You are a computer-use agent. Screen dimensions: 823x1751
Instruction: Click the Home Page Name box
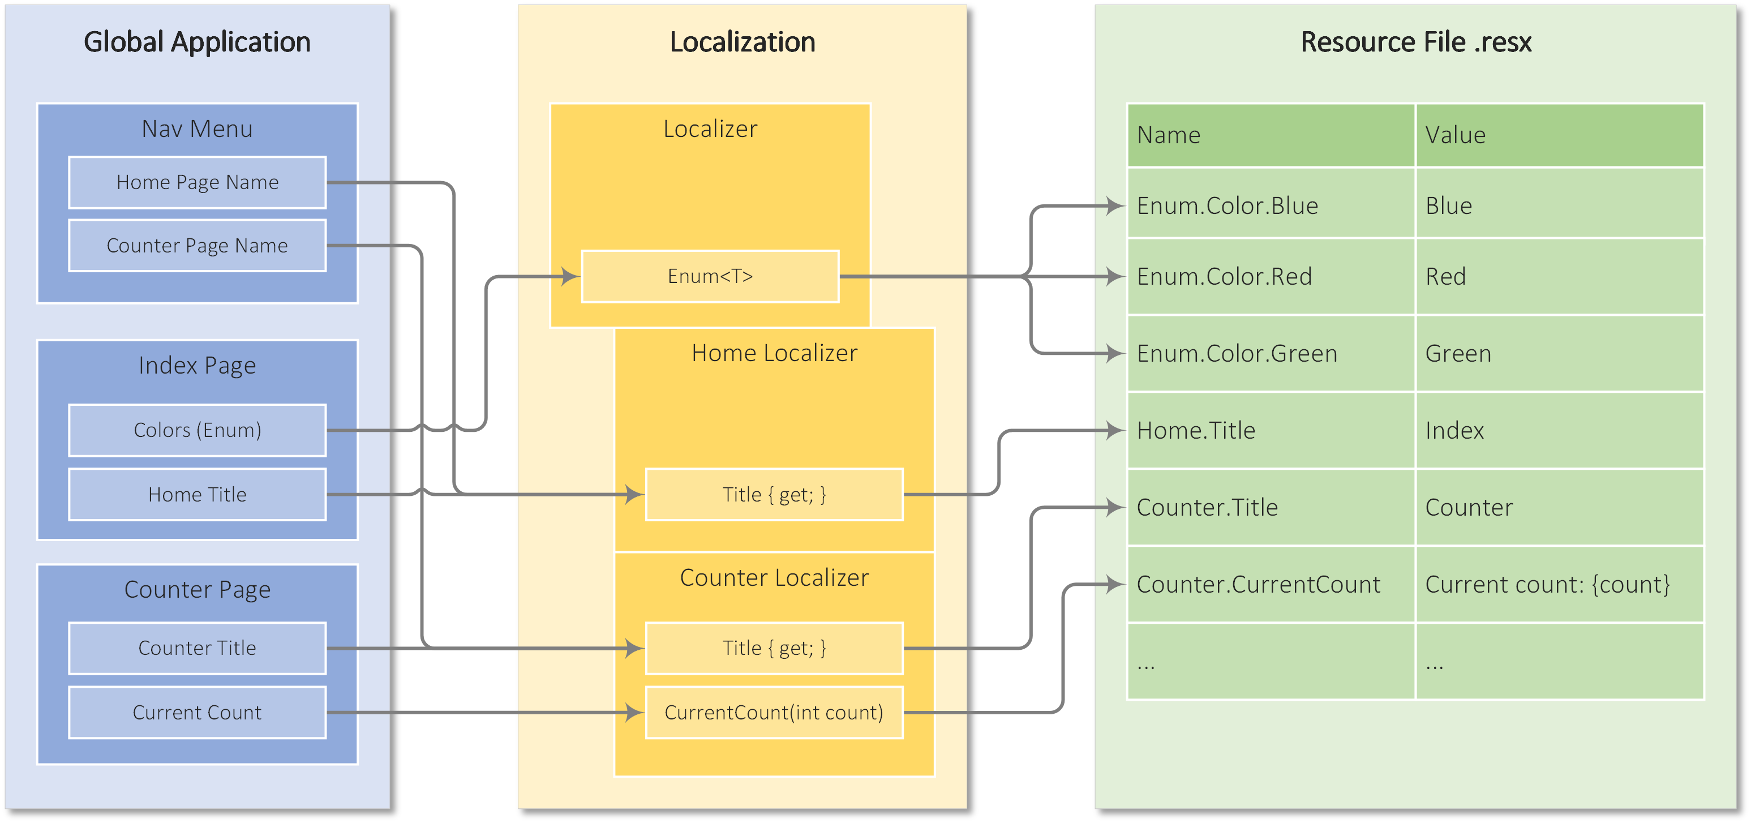coord(197,182)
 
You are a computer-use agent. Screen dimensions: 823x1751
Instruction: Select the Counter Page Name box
coord(197,245)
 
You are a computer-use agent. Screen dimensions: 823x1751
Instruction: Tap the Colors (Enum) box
coord(197,430)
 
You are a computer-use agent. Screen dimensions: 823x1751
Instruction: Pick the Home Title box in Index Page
coord(197,494)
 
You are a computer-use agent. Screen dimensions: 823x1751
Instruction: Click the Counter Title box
coord(197,648)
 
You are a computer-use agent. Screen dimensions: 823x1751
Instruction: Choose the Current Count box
coord(197,712)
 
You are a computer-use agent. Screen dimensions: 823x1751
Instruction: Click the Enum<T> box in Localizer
coord(710,276)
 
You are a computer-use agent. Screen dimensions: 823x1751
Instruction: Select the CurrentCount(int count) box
coord(774,712)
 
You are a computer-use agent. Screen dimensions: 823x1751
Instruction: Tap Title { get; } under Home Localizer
coord(774,494)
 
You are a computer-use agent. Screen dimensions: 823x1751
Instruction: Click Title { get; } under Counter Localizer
coord(774,648)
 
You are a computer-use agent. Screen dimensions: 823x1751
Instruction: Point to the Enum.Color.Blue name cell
coord(1270,205)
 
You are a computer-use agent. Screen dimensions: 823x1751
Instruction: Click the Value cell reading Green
coord(1558,353)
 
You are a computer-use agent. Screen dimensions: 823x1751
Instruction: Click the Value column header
coord(1558,135)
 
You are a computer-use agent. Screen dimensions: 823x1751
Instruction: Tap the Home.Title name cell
coord(1270,430)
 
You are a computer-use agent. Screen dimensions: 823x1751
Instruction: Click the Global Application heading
coord(197,42)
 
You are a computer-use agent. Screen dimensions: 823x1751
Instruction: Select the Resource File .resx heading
coord(1415,42)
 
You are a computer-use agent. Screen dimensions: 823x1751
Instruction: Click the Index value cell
coord(1558,430)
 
